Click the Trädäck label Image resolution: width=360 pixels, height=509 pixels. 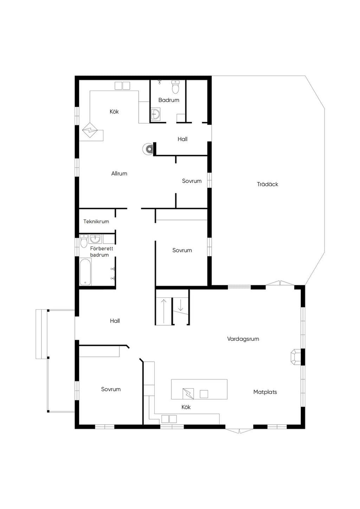coord(268,184)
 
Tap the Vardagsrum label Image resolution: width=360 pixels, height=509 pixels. coord(243,339)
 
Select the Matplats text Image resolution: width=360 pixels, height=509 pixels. coord(265,392)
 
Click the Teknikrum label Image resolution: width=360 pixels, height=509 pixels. coord(96,221)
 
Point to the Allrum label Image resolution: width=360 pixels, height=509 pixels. coord(119,174)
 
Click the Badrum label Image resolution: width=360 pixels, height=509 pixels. coord(169,100)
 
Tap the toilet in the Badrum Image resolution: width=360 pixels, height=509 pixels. coord(175,87)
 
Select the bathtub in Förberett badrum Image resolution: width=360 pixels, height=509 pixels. coord(85,272)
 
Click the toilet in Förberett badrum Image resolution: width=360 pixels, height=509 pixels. coord(84,241)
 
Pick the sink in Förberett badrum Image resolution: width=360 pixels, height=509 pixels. coord(95,239)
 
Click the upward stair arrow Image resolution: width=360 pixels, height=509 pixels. coord(163,311)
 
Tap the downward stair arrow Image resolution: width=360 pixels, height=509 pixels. coord(180,305)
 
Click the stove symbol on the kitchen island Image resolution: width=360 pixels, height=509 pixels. coord(188,393)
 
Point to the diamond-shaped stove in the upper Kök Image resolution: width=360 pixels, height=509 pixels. coord(90,130)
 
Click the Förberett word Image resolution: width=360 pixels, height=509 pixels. coord(102,248)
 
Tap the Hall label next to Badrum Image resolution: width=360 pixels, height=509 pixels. coord(182,139)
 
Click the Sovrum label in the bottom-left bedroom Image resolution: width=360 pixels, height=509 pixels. coord(111,389)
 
